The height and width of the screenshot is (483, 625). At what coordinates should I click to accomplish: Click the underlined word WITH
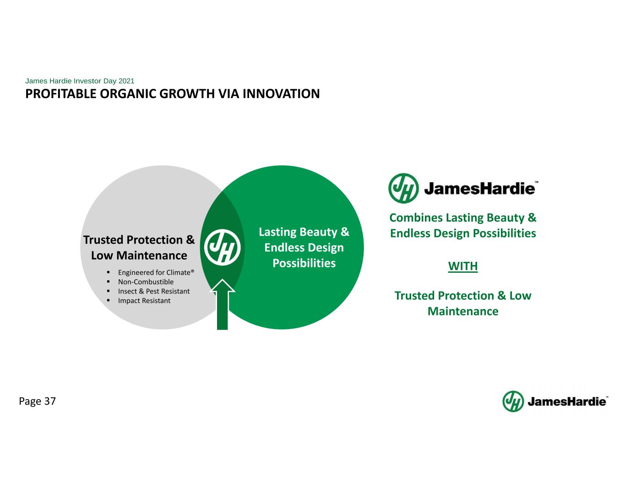[463, 266]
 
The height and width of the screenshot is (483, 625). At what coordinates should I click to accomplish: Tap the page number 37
[50, 401]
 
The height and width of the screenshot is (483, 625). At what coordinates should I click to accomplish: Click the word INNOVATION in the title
[281, 94]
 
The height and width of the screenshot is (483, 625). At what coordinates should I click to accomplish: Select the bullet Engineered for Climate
[156, 272]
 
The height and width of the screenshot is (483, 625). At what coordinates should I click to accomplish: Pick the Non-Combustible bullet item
[146, 282]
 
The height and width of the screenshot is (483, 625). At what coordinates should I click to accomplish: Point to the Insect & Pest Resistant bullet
[154, 291]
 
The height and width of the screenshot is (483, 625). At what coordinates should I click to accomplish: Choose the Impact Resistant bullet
[144, 300]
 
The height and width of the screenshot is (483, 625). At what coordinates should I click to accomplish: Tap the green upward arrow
[223, 304]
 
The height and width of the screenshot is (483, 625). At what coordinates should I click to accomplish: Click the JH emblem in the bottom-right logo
[513, 402]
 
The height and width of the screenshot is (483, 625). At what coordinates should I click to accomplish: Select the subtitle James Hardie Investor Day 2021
[80, 81]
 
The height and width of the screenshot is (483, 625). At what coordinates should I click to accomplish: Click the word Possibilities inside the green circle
[304, 263]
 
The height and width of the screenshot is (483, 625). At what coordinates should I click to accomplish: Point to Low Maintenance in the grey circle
[139, 255]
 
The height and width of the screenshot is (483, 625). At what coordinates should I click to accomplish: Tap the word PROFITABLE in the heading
[61, 94]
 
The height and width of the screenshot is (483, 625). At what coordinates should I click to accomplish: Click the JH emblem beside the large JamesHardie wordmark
[403, 188]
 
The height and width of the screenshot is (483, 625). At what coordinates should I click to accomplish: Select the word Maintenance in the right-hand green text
[463, 311]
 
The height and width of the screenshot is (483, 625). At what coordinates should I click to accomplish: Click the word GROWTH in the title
[187, 94]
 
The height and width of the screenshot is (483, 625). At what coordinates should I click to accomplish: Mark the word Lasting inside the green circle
[277, 232]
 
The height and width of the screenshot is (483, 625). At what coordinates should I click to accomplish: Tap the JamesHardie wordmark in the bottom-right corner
[567, 402]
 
